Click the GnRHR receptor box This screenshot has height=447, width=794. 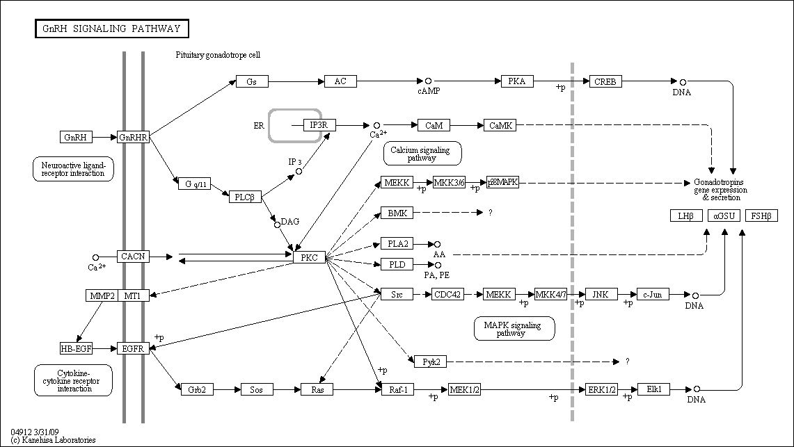coord(133,137)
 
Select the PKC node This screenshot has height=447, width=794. coord(309,257)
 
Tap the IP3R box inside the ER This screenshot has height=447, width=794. coord(319,125)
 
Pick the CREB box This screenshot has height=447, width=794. coord(605,81)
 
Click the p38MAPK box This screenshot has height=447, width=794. coord(503,183)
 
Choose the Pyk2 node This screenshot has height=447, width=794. coord(431,361)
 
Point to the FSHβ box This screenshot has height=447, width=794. coord(761,216)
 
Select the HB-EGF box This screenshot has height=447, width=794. coord(77,348)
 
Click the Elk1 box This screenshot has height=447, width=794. coord(653,389)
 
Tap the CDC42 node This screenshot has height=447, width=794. coord(448,294)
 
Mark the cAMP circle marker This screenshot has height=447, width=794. coord(429,81)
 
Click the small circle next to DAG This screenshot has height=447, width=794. coord(277,225)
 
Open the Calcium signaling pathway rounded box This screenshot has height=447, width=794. coord(422,154)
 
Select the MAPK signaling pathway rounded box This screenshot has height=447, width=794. coord(514,329)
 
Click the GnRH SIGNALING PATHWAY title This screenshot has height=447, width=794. coord(112,29)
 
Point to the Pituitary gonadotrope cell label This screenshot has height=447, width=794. coord(219,55)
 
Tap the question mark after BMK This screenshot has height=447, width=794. coord(490,213)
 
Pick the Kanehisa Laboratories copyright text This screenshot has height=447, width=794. coord(53,440)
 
